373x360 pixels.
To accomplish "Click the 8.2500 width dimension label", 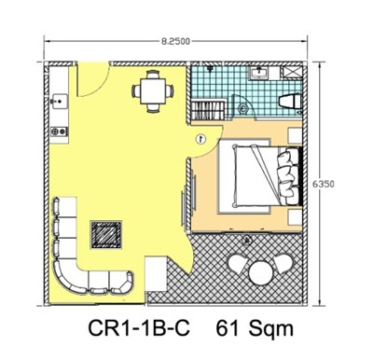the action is [x=175, y=41].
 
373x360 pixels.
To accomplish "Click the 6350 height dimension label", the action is [x=324, y=184].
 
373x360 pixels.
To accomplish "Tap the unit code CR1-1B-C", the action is [x=139, y=328].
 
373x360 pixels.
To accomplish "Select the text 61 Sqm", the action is [x=255, y=328].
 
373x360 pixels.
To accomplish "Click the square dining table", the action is [x=153, y=91].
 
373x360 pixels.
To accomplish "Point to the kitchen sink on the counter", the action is [x=60, y=101].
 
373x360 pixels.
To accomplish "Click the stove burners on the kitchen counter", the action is [x=59, y=132].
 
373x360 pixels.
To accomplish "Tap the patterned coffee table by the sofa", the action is [x=105, y=235].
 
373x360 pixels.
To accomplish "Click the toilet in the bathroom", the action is [x=290, y=102].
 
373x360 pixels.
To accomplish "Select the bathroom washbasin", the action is [x=259, y=73].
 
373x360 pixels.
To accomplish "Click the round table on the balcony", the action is [x=261, y=273].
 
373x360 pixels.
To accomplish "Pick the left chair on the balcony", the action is [x=238, y=264].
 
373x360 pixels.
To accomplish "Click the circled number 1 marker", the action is [x=201, y=139].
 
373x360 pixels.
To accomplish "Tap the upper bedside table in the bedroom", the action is [x=295, y=135].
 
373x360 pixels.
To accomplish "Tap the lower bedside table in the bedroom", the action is [x=295, y=217].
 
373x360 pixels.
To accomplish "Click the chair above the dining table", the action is [x=153, y=75].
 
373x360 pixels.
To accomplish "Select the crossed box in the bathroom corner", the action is [x=292, y=72].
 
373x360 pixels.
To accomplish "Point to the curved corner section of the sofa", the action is [x=67, y=277].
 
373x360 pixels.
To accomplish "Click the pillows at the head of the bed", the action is [x=287, y=176].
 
